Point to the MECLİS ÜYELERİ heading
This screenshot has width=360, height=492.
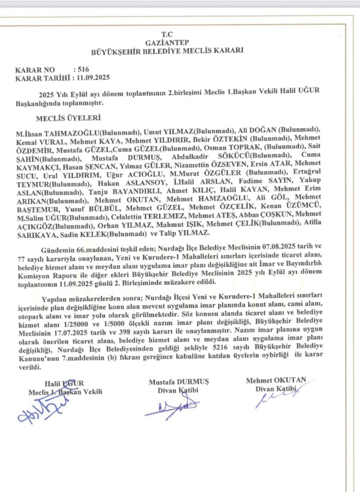tap(68, 117)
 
